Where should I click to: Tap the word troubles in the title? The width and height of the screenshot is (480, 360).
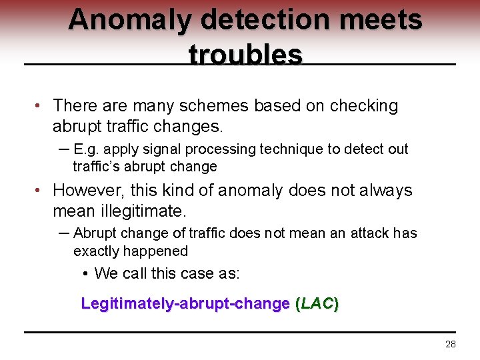[x=246, y=55]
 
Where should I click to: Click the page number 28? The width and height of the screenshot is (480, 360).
[x=451, y=344]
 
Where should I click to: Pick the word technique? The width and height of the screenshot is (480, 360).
[x=282, y=149]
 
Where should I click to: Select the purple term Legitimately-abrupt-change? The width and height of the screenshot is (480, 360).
[x=185, y=304]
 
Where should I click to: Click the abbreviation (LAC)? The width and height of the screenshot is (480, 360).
[x=317, y=304]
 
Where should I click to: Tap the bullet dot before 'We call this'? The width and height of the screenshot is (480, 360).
[x=87, y=274]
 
